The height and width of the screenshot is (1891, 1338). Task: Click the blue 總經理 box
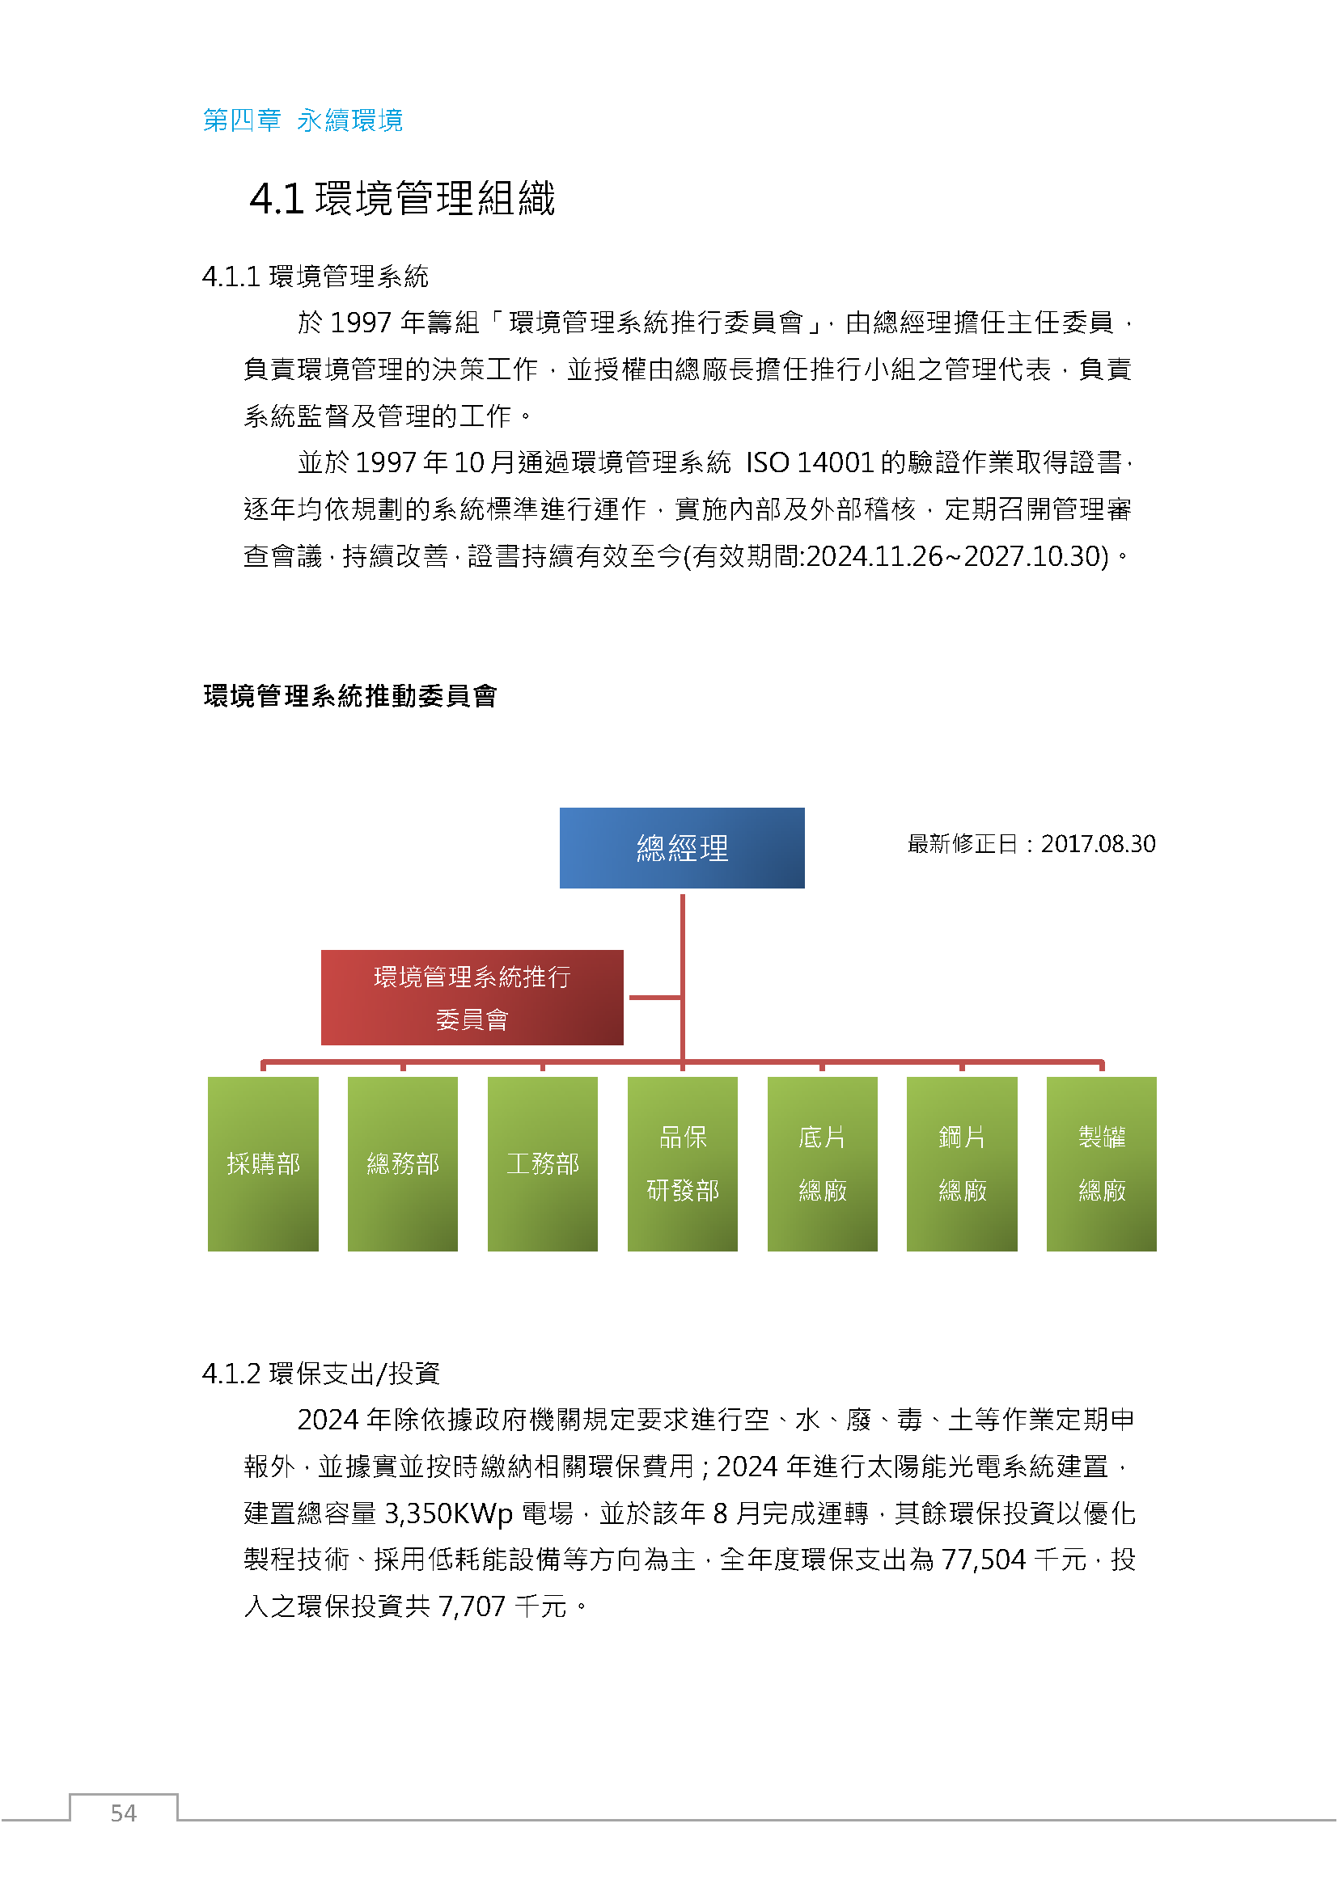pos(682,847)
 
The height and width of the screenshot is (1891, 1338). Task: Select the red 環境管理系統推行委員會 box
pos(472,998)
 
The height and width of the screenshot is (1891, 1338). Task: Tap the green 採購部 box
pos(263,1163)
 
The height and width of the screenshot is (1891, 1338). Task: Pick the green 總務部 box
pos(403,1163)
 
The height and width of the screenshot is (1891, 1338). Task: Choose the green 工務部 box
pos(543,1163)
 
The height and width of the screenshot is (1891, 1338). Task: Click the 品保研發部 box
pos(683,1163)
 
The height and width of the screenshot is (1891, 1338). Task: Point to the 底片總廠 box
pos(822,1163)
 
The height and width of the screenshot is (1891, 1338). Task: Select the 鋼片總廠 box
pos(963,1163)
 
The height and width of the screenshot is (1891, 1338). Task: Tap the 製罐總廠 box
pos(1102,1163)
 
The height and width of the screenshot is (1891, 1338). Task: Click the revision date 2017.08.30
pos(1099,844)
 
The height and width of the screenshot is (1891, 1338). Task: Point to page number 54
pos(124,1813)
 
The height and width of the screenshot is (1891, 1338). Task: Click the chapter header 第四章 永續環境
pos(303,120)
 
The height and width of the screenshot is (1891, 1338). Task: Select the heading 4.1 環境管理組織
pos(403,199)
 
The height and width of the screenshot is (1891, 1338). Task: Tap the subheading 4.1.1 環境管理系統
pos(315,276)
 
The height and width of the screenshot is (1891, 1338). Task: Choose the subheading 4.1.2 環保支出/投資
pos(321,1374)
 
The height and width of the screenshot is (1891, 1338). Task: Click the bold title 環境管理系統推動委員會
pos(350,696)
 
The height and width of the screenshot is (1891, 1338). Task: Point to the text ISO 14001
pos(810,463)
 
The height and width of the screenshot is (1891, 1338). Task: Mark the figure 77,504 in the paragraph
pos(984,1560)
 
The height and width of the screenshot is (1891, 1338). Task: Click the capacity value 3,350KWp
pos(449,1513)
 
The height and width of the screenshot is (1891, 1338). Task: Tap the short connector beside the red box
pos(656,998)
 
